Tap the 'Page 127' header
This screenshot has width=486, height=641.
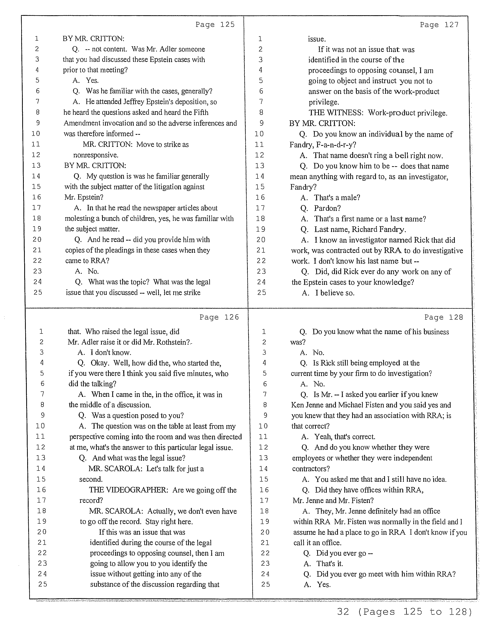click(439, 25)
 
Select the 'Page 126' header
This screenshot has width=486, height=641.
click(219, 317)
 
